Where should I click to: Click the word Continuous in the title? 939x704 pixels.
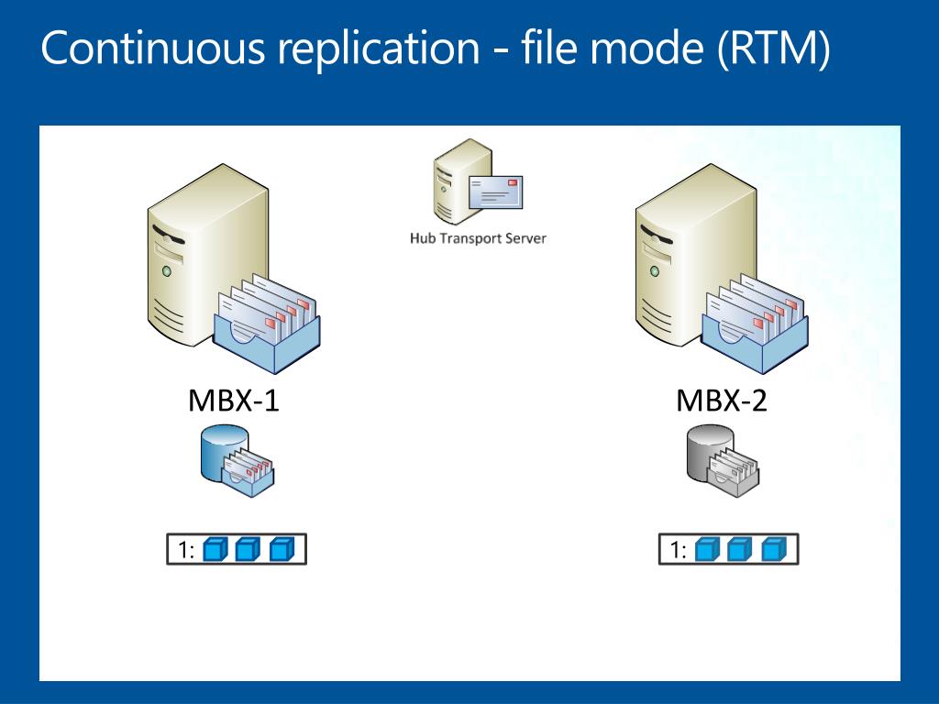(153, 48)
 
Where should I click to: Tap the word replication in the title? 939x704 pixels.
(379, 49)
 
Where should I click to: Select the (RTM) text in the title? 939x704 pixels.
(773, 49)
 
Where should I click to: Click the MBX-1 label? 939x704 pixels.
(234, 401)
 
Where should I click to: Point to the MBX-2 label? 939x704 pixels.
(722, 401)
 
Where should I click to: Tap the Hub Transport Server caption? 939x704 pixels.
(478, 238)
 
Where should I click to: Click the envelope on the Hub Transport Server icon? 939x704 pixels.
(495, 192)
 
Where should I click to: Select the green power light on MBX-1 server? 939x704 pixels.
(167, 271)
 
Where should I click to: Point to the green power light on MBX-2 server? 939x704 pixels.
(655, 271)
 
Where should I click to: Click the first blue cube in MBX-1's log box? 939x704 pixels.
(215, 549)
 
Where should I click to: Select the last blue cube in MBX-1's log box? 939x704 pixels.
(282, 549)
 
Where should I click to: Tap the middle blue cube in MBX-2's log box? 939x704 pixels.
(740, 549)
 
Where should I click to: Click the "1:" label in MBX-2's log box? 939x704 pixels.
(678, 550)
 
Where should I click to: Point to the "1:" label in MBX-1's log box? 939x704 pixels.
(186, 550)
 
